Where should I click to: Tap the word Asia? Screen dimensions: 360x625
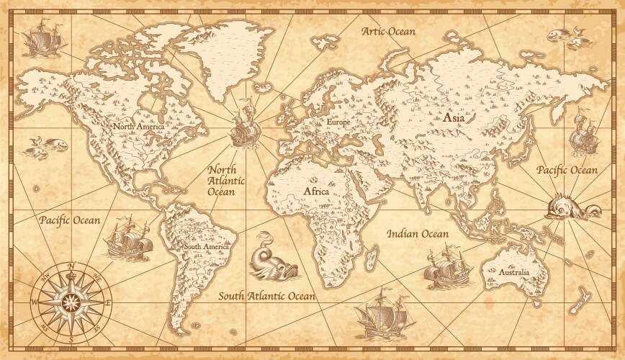(x=454, y=117)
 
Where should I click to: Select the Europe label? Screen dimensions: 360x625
(x=338, y=124)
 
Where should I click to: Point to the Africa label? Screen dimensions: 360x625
(x=316, y=192)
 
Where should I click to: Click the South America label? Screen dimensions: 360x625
(x=206, y=246)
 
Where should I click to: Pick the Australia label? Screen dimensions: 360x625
(x=513, y=273)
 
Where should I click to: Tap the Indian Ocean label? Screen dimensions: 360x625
(x=418, y=233)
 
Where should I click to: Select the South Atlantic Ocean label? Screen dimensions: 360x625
(x=267, y=295)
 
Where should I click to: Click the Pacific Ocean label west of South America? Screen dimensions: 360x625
(x=70, y=219)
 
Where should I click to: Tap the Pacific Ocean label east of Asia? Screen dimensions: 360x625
(x=567, y=170)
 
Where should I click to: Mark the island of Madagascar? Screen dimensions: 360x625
(x=373, y=253)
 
